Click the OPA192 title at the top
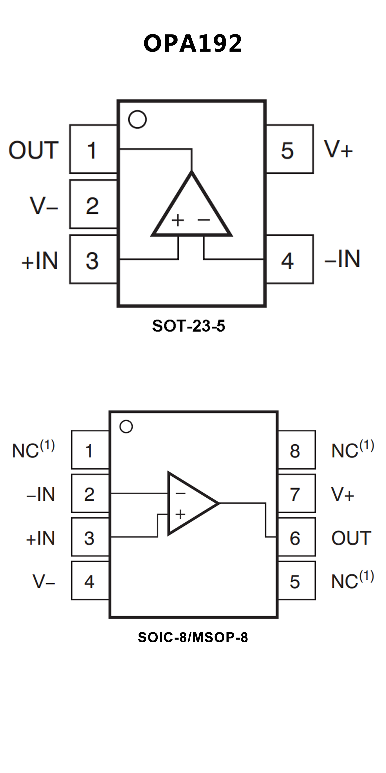tap(193, 44)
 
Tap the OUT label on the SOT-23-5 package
tap(33, 150)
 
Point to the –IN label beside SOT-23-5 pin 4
tap(342, 259)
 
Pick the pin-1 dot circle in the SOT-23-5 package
tap(137, 119)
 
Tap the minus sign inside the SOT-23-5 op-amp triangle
tap(204, 220)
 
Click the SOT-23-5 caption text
tap(189, 326)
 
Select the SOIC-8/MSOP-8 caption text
tap(193, 637)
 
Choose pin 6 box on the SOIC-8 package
tap(296, 538)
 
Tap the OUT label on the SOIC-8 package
tap(351, 538)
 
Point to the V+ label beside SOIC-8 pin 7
tap(342, 494)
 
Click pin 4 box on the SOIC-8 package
tap(90, 581)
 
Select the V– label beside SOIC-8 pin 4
tap(44, 581)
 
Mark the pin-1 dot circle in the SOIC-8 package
tap(126, 426)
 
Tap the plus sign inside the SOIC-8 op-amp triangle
tap(180, 514)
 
